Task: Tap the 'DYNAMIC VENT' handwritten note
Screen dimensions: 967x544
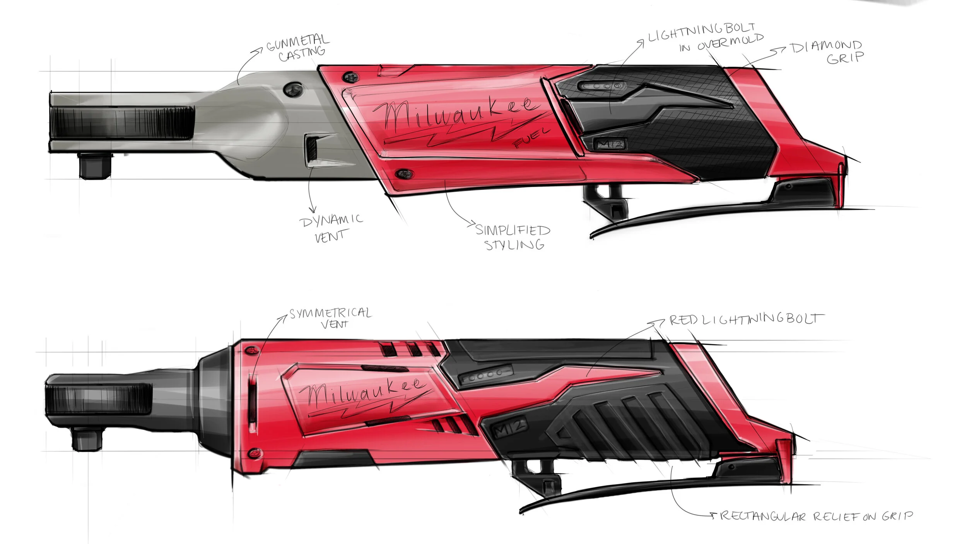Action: coord(331,228)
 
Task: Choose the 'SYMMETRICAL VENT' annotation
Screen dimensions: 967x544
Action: coord(331,318)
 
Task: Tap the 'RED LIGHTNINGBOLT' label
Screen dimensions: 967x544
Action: coord(747,320)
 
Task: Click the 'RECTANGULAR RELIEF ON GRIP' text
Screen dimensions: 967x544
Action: coord(816,516)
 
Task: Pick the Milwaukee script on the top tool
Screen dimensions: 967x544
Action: coord(456,114)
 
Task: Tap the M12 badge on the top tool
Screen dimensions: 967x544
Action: coord(609,144)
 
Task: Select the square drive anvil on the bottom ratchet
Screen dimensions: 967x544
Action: coord(88,440)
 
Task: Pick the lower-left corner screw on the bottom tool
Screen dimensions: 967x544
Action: coord(253,452)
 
